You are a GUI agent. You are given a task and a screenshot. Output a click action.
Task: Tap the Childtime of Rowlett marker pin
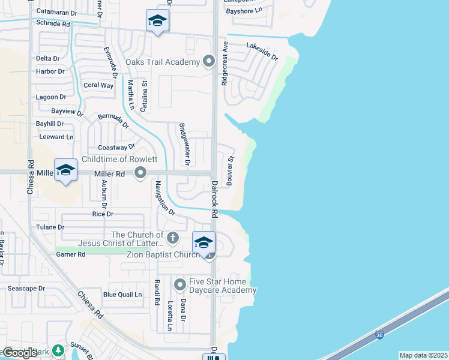(141, 173)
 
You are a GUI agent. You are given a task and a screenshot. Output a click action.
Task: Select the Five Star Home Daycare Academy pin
(179, 284)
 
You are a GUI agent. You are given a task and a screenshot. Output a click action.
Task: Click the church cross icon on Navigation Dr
(173, 238)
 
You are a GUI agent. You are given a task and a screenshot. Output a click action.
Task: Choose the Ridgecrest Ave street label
(224, 64)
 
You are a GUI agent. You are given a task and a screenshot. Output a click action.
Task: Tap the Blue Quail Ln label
(122, 295)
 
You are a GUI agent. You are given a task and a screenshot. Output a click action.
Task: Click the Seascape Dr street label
(26, 289)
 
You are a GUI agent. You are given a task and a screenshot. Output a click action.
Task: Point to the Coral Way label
(98, 85)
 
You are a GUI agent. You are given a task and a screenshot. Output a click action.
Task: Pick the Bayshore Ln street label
(244, 11)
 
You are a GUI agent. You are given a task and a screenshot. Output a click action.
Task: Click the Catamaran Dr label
(57, 11)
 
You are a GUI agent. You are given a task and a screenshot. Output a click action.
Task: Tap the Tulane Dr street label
(50, 227)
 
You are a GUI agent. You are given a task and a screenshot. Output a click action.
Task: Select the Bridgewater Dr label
(185, 145)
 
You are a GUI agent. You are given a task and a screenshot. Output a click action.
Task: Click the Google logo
(20, 353)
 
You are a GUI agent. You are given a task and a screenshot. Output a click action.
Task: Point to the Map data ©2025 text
(423, 355)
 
